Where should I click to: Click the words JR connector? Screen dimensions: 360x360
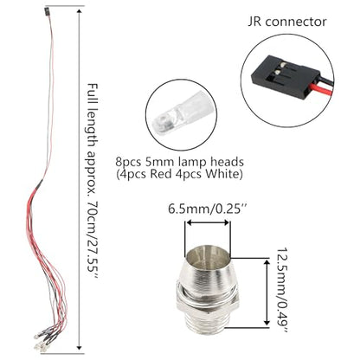click(287, 22)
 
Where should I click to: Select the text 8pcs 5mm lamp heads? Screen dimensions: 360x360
click(180, 162)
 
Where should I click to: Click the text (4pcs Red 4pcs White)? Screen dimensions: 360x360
click(179, 174)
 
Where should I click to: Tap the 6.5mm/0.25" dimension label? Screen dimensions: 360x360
click(209, 209)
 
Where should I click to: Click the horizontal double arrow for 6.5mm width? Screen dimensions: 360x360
click(208, 222)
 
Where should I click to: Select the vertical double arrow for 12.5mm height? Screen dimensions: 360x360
click(267, 292)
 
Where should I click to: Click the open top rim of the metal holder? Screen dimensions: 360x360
click(208, 254)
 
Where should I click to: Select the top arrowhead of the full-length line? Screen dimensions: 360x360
click(80, 12)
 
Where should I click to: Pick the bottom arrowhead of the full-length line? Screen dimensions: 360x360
click(79, 347)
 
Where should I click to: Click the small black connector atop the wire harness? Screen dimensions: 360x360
click(47, 11)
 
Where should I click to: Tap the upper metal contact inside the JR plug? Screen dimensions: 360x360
click(283, 64)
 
